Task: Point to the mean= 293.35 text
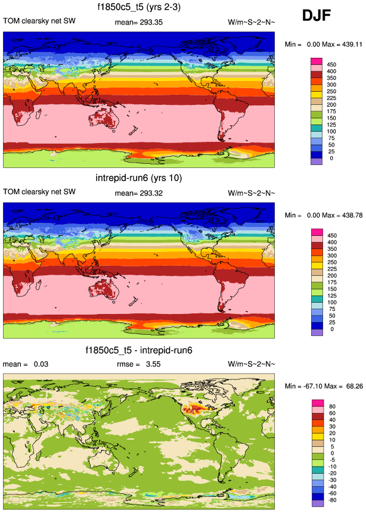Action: (138, 22)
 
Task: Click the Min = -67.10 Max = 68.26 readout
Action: (322, 387)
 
